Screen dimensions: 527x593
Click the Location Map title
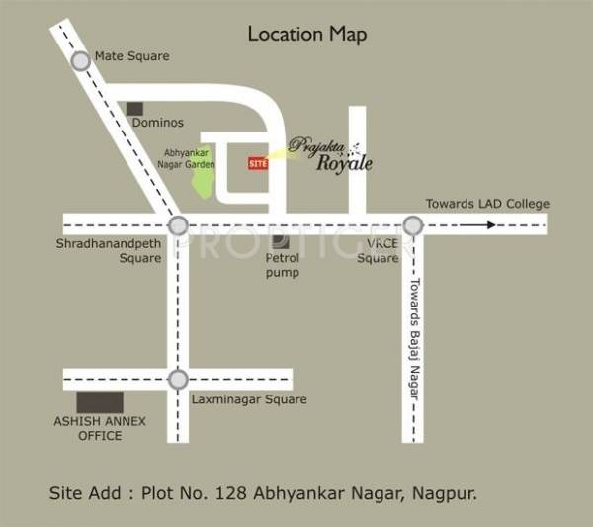(306, 35)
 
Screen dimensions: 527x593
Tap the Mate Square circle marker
(81, 61)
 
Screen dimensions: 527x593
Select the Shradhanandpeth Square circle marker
(178, 225)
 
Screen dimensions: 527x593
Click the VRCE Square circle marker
(412, 225)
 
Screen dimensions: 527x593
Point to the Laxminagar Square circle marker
(178, 379)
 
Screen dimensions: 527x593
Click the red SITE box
(257, 164)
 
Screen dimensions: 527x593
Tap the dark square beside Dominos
(134, 107)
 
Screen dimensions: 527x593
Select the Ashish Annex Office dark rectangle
(100, 402)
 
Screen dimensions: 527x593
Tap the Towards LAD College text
(487, 204)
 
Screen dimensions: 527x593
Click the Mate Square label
(131, 56)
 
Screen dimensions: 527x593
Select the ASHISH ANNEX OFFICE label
(100, 428)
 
